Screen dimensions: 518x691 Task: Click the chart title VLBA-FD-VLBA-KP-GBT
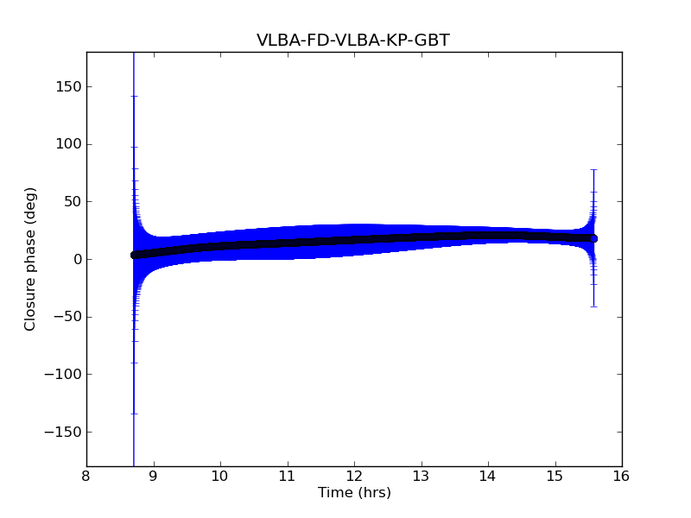(x=352, y=41)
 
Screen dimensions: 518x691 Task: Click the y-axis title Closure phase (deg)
(x=31, y=259)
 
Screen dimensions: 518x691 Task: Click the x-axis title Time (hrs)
(x=354, y=493)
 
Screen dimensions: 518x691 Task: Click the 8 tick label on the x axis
(x=86, y=476)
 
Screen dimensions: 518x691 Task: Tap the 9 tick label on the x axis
(x=154, y=476)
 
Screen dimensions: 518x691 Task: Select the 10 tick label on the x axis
(x=220, y=476)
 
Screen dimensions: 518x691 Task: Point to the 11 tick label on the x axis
(x=288, y=476)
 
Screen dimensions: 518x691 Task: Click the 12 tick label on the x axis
(x=354, y=476)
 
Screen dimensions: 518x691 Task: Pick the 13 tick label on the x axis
(x=422, y=476)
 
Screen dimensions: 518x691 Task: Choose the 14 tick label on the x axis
(x=488, y=476)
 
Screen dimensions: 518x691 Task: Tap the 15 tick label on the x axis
(x=555, y=476)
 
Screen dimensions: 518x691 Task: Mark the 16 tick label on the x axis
(x=622, y=476)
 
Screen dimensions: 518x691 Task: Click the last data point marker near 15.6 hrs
(x=593, y=238)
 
